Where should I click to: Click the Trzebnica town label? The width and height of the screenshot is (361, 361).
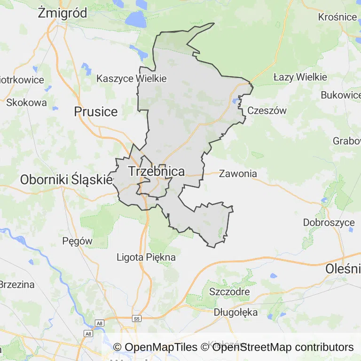156,172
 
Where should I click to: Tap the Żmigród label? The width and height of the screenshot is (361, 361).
63,13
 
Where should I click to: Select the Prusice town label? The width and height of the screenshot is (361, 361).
96,111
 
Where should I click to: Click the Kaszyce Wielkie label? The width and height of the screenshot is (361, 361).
132,78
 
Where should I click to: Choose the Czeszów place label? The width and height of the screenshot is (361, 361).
267,111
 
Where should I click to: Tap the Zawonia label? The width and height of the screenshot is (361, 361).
238,173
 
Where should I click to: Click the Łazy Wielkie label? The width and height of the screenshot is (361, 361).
300,77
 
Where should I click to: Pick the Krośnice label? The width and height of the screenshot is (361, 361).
337,17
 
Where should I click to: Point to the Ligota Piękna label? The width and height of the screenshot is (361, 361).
146,257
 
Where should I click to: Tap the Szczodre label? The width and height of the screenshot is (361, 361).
229,291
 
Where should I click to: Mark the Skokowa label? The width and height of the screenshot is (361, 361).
27,102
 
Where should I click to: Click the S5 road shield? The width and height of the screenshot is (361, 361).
137,318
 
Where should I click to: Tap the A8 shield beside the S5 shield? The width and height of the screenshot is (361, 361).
99,323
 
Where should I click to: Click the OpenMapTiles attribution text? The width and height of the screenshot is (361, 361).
156,347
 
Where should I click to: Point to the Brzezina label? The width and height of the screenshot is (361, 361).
17,284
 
